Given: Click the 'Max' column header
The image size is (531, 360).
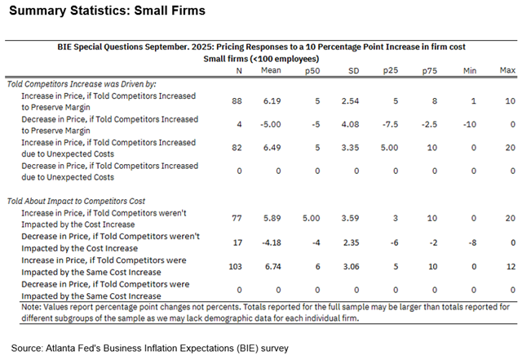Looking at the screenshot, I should (x=508, y=71).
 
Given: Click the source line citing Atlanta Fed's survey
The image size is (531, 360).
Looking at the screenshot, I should (x=150, y=348).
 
